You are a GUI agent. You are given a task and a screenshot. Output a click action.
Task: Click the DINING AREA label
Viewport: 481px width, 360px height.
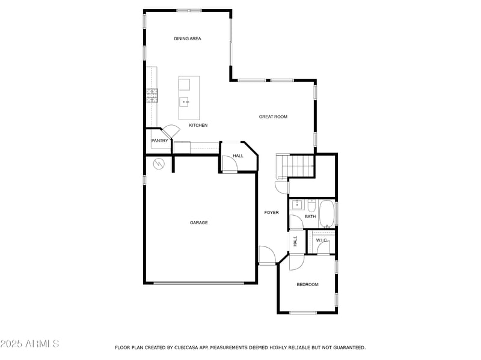[x=188, y=38]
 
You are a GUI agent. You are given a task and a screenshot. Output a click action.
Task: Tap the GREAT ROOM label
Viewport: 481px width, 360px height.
[x=273, y=117]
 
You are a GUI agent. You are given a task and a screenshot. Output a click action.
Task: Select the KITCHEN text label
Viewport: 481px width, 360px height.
[x=198, y=125]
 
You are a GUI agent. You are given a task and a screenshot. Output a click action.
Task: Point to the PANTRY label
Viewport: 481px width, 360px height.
[x=160, y=141]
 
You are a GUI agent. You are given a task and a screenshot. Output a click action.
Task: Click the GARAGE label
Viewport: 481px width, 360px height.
[x=199, y=222]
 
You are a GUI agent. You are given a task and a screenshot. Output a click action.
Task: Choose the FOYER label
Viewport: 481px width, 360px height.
[x=272, y=212]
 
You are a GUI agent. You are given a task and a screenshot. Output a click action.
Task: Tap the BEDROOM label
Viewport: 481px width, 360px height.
[x=307, y=284]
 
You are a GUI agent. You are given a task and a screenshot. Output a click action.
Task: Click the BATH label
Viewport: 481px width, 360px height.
[x=310, y=216]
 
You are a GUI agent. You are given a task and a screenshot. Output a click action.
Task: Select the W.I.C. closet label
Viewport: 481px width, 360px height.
[x=321, y=240]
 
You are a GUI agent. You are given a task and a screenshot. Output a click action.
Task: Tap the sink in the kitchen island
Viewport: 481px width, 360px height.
[x=184, y=102]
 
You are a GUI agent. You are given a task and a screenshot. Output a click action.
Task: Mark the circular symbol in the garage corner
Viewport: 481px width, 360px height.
[x=159, y=163]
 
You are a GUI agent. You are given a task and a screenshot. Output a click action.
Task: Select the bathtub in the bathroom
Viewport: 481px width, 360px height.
[x=327, y=214]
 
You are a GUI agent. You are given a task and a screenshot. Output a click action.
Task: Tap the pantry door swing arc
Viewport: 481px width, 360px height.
[x=171, y=131]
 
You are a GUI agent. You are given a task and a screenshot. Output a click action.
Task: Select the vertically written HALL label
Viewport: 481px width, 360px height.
[x=295, y=241]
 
